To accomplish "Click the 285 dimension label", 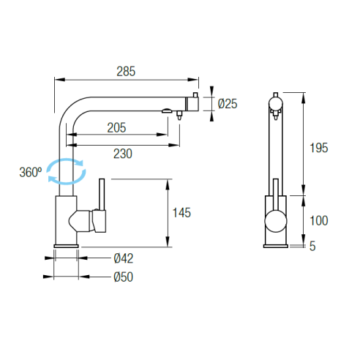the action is click(x=126, y=72).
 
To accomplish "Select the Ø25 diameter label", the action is click(x=228, y=104).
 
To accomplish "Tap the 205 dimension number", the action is click(x=116, y=127).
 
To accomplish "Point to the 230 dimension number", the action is click(x=123, y=154).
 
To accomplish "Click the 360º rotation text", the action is click(x=31, y=172).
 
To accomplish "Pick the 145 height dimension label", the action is click(x=181, y=213).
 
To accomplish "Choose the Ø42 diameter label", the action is click(x=124, y=258).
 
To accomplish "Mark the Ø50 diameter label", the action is click(x=124, y=277).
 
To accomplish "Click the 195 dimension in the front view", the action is click(x=318, y=148).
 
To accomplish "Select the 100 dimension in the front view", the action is click(x=318, y=221).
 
